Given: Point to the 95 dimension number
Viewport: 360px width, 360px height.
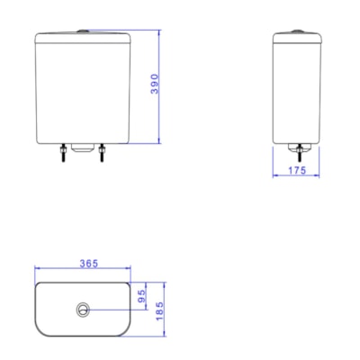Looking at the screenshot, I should pyautogui.click(x=141, y=294).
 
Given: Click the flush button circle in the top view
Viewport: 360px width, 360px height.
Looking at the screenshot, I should pyautogui.click(x=84, y=309).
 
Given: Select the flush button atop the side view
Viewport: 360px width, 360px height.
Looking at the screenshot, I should pyautogui.click(x=297, y=31).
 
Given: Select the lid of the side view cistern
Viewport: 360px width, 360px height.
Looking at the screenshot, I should pyautogui.click(x=297, y=38).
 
